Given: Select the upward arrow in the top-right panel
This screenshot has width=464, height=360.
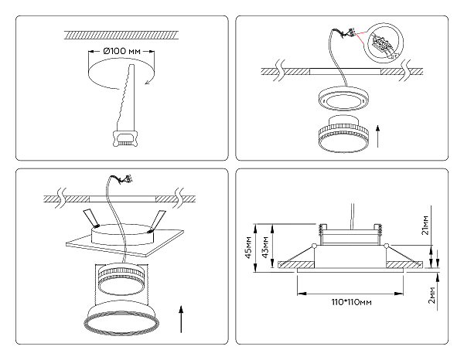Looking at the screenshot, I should pyautogui.click(x=377, y=134).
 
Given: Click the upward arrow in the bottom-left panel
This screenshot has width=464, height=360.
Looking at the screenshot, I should pyautogui.click(x=180, y=318).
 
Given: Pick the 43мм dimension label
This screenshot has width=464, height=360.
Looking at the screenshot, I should pyautogui.click(x=265, y=245).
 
